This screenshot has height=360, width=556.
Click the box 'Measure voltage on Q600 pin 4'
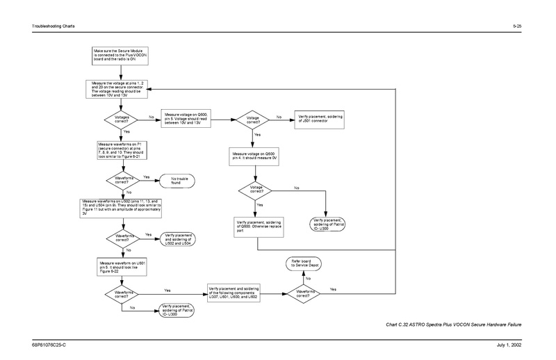point(255,156)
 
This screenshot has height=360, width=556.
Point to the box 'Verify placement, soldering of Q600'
point(256,226)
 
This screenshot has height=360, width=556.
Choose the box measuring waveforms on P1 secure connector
point(119,150)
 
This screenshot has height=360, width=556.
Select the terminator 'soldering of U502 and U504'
point(179,238)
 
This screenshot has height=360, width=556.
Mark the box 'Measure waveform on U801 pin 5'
point(118,267)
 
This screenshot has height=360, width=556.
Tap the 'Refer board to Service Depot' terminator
point(303,263)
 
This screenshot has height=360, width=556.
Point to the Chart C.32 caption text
point(452,325)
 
